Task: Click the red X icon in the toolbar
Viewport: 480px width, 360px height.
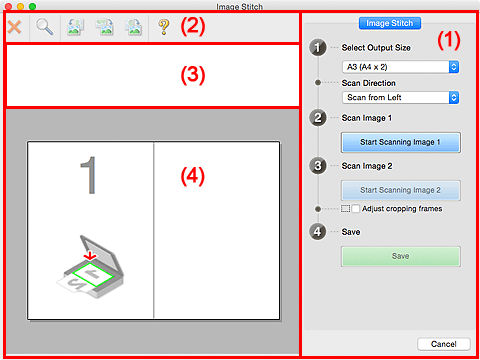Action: (14, 28)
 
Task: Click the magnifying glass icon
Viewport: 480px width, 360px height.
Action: (45, 28)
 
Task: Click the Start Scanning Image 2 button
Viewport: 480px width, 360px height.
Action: (400, 188)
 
